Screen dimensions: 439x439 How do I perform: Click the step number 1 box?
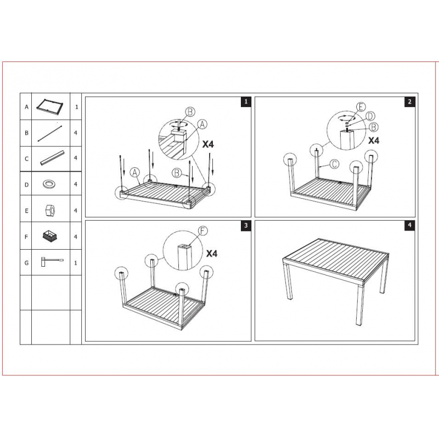[246, 102]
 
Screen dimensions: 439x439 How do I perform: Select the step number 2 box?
[410, 102]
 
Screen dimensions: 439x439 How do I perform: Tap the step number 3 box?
[246, 226]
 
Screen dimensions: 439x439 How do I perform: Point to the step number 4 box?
[410, 225]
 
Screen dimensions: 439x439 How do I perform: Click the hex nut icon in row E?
[50, 210]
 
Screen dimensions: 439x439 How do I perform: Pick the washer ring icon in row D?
[49, 184]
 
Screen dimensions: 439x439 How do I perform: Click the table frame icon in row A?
[50, 106]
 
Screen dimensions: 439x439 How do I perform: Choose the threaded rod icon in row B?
[49, 133]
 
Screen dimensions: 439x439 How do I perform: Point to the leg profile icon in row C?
[52, 158]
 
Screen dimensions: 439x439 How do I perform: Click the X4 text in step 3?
[212, 254]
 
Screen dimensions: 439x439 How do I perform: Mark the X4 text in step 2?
[374, 140]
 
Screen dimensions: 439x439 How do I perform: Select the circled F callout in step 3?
[203, 231]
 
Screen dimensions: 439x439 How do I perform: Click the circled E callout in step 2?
[361, 107]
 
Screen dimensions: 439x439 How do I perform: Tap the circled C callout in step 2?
[334, 164]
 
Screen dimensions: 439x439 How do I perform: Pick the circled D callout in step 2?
[370, 116]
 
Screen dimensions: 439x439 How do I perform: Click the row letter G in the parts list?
[26, 263]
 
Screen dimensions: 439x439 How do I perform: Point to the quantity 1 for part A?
[76, 107]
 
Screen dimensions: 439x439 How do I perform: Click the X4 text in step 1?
[208, 144]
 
